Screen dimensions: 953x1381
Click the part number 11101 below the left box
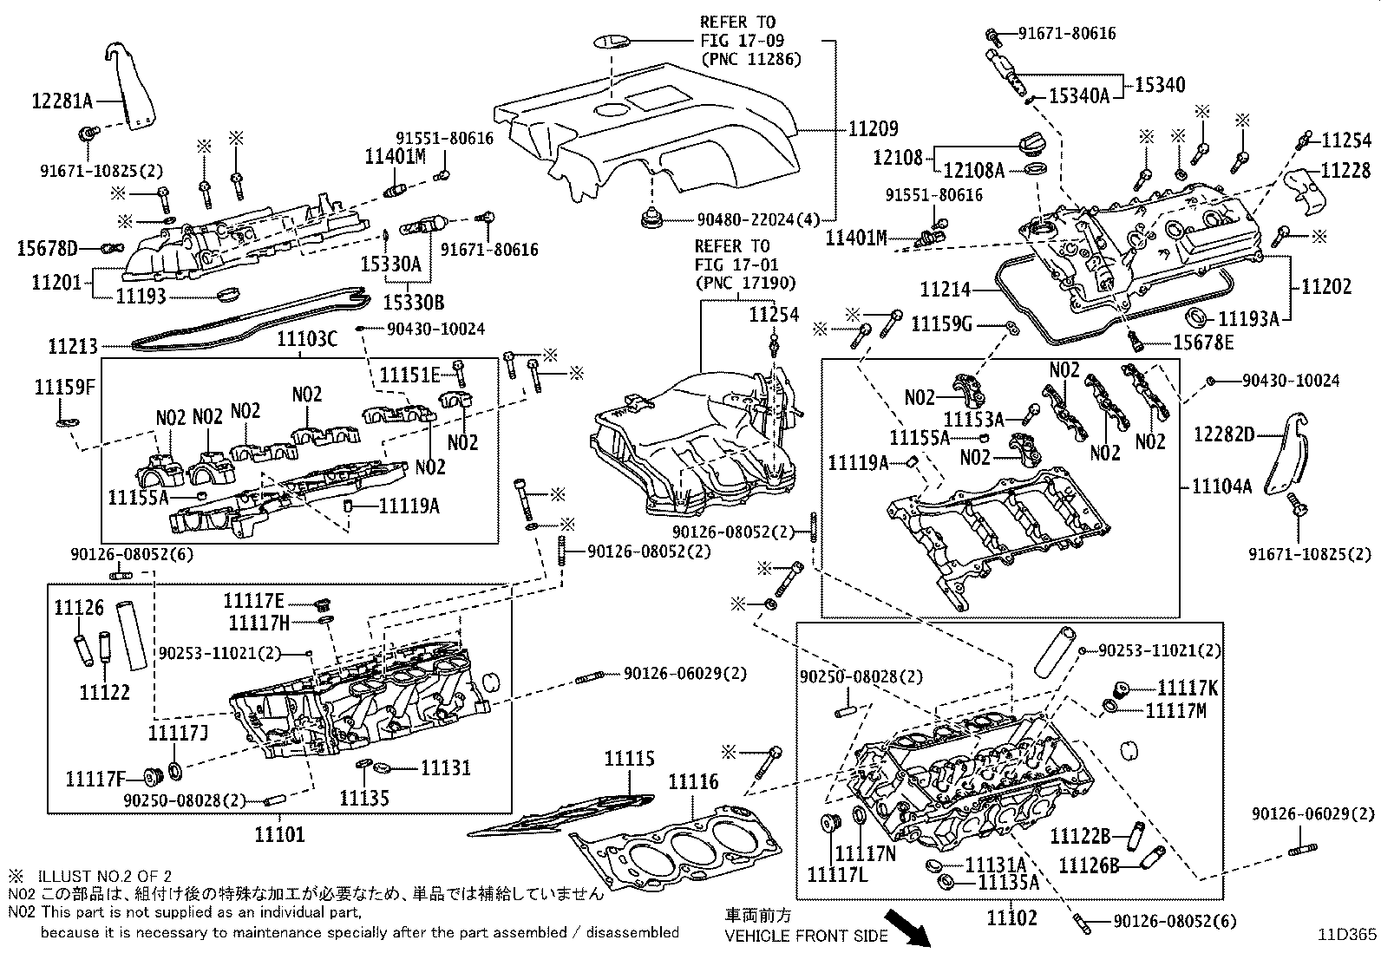[279, 835]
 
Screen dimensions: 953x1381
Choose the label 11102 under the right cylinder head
[1011, 917]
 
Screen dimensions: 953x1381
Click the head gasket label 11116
[693, 782]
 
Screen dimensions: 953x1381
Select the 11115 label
[629, 759]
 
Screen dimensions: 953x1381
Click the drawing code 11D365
[1347, 935]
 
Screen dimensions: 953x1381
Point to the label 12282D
[1223, 434]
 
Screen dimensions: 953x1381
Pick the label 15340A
[1080, 95]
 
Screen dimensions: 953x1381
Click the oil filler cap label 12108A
[973, 171]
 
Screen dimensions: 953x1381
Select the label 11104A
[1221, 486]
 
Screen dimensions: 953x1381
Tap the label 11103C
[307, 339]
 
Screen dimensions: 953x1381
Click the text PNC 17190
[744, 282]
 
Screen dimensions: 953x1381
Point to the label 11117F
[95, 779]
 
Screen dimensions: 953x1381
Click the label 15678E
[1203, 343]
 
